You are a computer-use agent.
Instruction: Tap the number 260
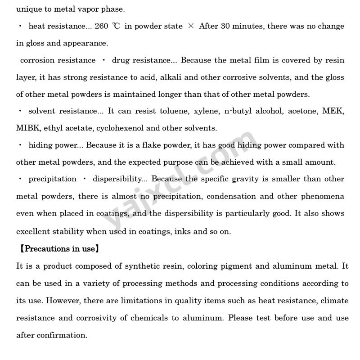pos(101,26)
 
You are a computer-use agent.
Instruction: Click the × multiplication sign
pos(191,26)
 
